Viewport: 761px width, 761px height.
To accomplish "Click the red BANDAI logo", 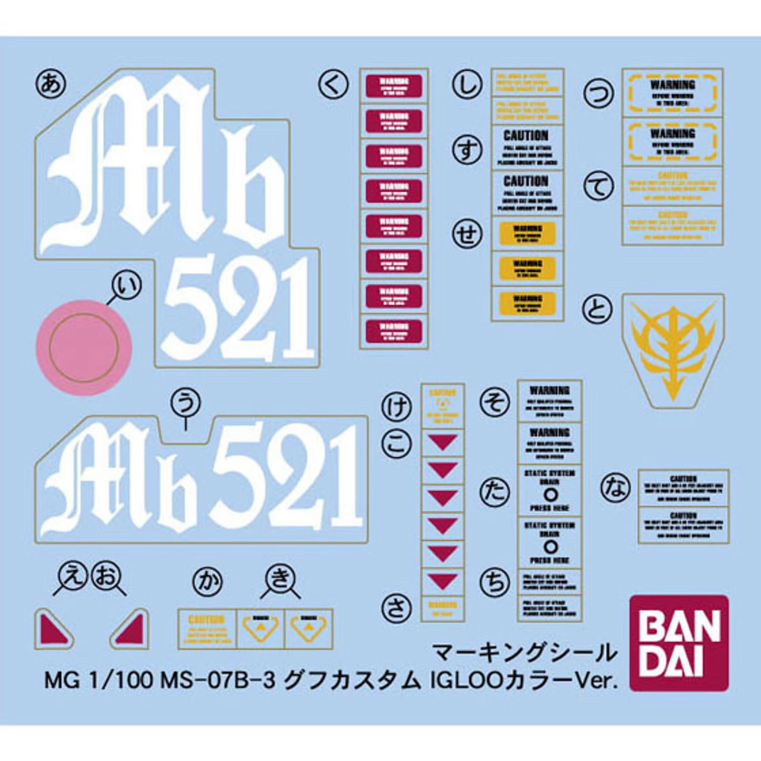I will click(678, 643).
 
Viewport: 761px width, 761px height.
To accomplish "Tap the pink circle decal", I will click(84, 348).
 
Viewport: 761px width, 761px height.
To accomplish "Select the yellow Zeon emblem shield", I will click(672, 351).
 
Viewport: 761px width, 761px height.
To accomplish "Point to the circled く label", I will click(334, 85).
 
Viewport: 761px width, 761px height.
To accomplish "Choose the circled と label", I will click(598, 309).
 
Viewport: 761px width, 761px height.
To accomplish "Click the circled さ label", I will click(397, 608).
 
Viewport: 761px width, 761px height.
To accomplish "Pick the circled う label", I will click(185, 403).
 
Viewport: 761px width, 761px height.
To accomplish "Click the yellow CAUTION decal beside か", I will click(207, 629).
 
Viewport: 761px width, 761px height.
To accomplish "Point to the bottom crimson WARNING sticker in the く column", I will click(394, 331).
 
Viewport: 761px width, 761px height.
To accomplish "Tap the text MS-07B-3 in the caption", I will click(218, 680).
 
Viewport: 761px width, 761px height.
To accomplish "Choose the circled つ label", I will click(598, 93).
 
